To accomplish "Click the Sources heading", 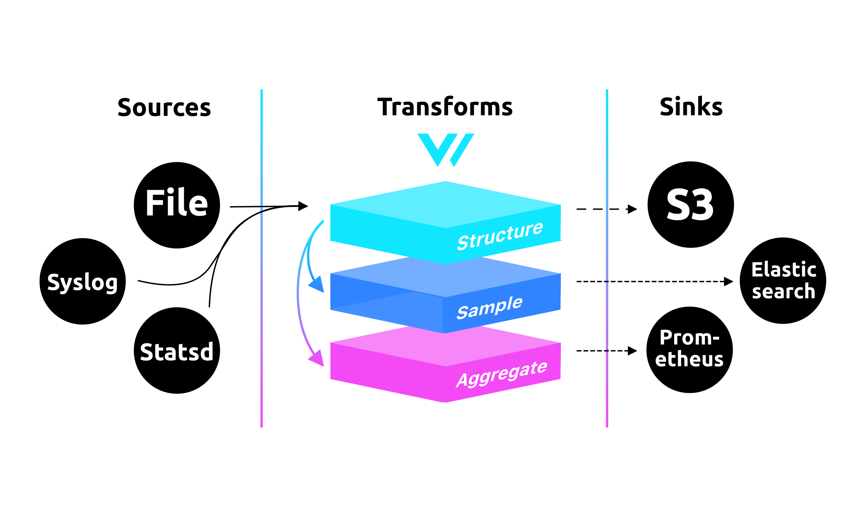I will click(164, 107).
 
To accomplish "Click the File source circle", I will click(177, 205).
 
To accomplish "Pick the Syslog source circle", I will click(83, 281).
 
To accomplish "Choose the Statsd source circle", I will click(177, 350).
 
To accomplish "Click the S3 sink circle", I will click(690, 204).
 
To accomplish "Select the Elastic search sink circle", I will click(783, 281).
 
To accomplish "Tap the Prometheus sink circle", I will click(689, 350).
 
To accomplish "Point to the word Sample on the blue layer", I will click(490, 307).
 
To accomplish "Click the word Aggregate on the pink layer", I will click(502, 375).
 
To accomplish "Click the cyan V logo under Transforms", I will click(446, 149).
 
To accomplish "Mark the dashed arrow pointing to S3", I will click(606, 209).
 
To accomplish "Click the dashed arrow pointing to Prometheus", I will click(606, 350).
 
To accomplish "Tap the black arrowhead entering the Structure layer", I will click(303, 206).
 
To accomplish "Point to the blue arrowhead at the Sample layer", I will click(317, 285).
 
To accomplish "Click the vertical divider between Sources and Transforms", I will click(262, 258).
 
